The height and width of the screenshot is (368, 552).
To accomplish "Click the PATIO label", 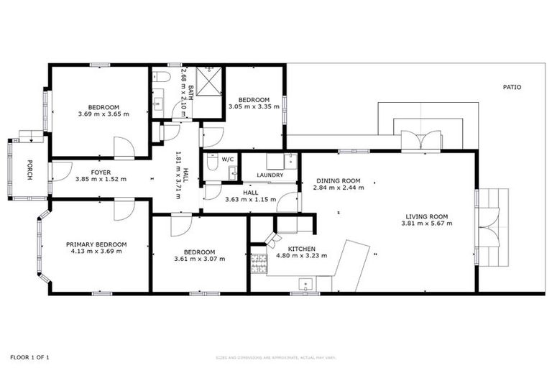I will click(511, 88).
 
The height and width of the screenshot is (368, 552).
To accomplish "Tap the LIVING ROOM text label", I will click(426, 216).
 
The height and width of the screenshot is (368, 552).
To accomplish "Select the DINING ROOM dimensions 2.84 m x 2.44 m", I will click(338, 188).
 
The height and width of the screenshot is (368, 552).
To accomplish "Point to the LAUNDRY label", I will click(270, 175).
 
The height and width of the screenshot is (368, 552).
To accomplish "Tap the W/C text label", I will click(228, 159).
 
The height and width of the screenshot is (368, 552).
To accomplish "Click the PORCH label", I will click(29, 169).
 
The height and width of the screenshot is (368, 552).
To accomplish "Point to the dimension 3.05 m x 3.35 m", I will click(253, 107).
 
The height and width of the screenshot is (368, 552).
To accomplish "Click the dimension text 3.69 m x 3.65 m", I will click(103, 114).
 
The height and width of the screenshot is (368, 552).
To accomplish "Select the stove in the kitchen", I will click(257, 264).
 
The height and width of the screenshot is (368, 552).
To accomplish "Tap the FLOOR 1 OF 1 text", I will click(29, 356).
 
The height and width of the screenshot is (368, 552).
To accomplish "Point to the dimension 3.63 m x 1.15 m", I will click(250, 199).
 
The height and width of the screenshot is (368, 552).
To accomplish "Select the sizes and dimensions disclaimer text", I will click(276, 357).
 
